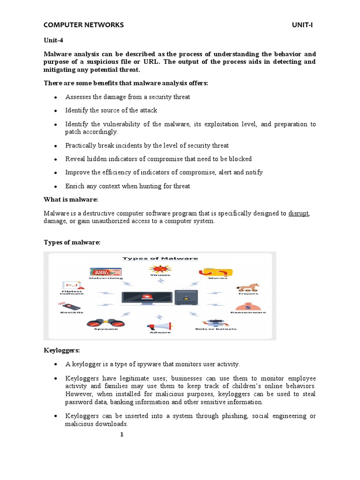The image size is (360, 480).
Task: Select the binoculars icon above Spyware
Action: pos(102,322)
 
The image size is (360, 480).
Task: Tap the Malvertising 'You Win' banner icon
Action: pos(106,271)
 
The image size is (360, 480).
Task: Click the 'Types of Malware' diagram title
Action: pos(160,258)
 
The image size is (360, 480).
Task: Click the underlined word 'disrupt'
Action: pos(299,213)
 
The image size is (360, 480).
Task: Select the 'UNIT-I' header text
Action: pos(301,25)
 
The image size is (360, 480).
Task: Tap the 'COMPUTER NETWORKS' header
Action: pos(83,25)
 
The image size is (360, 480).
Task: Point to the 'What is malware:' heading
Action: pos(70,199)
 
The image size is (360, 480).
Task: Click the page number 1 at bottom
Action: pos(121,435)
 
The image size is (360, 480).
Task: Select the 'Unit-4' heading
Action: pos(53,40)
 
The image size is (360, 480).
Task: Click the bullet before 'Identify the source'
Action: pos(56,111)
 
